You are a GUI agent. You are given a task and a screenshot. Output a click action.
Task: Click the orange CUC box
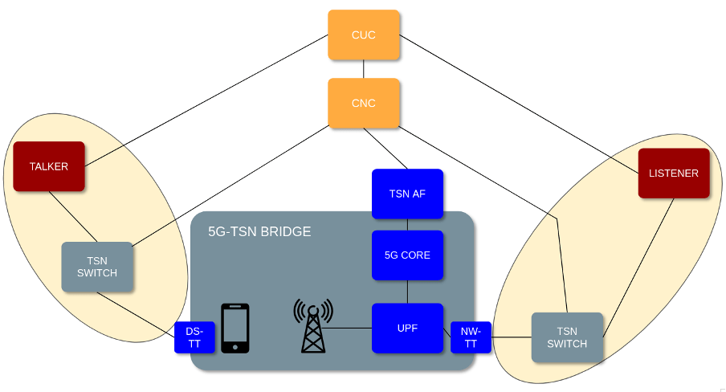click(x=364, y=35)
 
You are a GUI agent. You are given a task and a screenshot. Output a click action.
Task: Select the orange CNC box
click(x=364, y=103)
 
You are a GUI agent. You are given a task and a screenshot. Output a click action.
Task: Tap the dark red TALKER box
click(x=49, y=166)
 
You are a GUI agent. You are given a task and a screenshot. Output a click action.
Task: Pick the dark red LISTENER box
click(x=674, y=173)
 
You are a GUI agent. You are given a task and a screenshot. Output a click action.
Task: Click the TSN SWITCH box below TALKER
click(x=97, y=267)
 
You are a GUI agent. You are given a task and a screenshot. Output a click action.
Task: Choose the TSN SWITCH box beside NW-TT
click(x=567, y=337)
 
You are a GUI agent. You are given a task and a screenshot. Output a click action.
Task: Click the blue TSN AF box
click(x=407, y=194)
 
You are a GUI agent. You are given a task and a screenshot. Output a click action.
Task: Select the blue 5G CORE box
click(x=407, y=255)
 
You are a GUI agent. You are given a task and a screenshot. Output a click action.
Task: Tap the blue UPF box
click(x=407, y=328)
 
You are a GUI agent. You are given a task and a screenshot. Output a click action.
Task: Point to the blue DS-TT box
click(x=194, y=337)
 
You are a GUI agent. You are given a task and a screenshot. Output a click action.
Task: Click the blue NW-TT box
click(x=471, y=337)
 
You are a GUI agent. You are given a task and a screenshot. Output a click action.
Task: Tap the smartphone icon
click(x=235, y=328)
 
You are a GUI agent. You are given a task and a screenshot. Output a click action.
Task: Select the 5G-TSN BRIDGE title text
click(x=259, y=232)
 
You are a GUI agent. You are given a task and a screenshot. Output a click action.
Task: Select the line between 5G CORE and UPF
click(x=407, y=292)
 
